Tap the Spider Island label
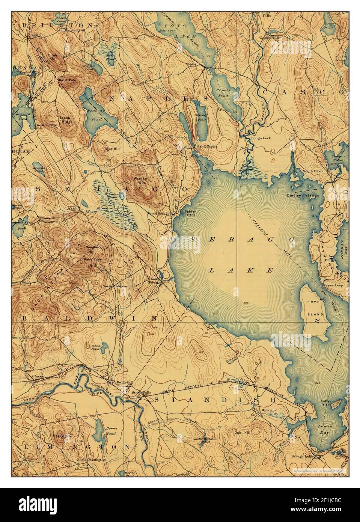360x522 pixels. point(190,213)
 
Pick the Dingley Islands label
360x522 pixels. point(303,196)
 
